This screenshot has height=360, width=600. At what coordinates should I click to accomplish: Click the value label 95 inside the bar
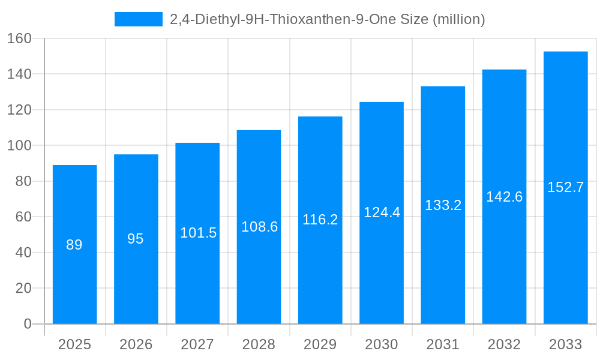tap(136, 239)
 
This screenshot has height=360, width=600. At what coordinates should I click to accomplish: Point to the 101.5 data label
tap(198, 233)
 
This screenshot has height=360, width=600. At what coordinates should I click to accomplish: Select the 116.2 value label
tap(320, 220)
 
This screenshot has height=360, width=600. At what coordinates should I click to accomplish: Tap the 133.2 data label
tap(443, 205)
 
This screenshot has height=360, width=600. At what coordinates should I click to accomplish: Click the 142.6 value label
tap(504, 197)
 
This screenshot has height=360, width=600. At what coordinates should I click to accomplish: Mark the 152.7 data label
tap(565, 187)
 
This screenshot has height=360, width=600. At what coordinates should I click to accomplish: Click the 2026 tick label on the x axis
tap(136, 344)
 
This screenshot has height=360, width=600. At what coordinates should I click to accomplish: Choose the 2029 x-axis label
tap(320, 344)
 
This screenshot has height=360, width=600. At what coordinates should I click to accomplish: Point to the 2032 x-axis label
tap(504, 344)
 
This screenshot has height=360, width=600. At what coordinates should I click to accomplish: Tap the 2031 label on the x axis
tap(443, 344)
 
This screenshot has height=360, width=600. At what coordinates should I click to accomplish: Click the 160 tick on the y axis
tap(19, 38)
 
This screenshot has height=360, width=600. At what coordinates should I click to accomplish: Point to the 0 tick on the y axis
tap(27, 324)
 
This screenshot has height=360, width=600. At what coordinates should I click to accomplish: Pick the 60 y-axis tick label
tap(23, 217)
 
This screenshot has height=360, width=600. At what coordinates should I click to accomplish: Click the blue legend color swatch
tap(139, 19)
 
